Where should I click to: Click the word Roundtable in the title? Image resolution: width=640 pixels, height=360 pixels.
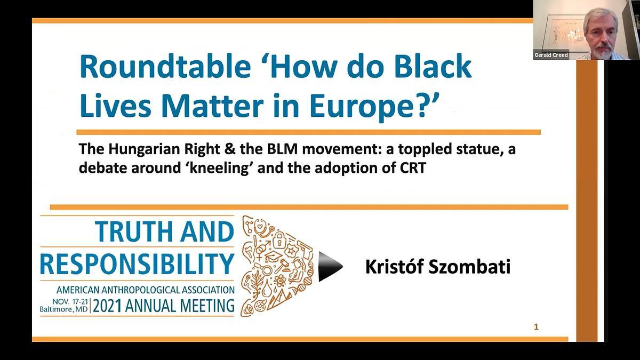pos(165,66)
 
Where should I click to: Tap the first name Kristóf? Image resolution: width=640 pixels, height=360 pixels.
pos(395,267)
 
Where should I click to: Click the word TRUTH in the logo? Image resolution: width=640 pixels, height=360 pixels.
pos(133,231)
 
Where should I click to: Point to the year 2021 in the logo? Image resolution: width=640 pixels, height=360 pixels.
pos(107,306)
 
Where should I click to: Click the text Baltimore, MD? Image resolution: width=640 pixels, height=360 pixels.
pos(63,309)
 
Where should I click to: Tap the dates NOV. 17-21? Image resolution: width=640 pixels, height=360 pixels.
pos(70,302)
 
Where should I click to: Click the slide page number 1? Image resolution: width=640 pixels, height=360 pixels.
pos(537,327)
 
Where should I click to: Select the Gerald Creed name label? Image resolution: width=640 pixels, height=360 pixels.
pos(551,55)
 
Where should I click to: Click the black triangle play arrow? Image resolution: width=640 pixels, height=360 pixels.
pos(330,266)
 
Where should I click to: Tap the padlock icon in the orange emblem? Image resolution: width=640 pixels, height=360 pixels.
pos(279,240)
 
